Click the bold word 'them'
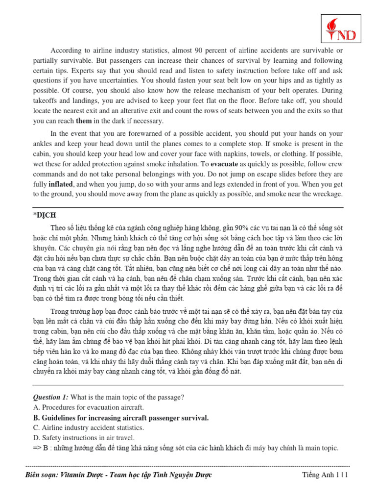pyautogui.click(x=84, y=121)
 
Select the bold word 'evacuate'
pyautogui.click(x=224, y=163)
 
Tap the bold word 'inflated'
pyautogui.click(x=61, y=184)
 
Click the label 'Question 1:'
pyautogui.click(x=50, y=397)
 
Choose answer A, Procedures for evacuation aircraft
pyautogui.click(x=89, y=407)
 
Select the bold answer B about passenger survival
pyautogui.click(x=121, y=418)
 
